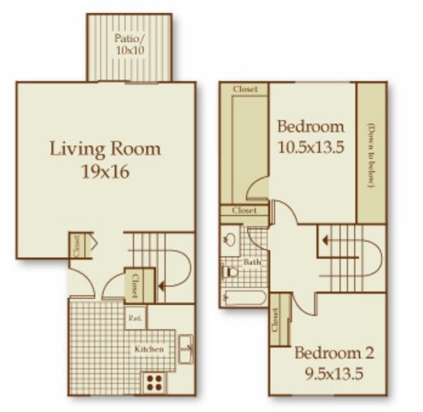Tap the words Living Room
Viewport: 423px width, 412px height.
click(x=105, y=148)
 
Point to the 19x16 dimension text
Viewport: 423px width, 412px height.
click(x=105, y=171)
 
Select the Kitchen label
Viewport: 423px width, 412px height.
click(x=150, y=350)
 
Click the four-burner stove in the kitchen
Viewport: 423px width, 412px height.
click(x=153, y=380)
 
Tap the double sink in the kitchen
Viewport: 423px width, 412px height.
click(x=186, y=350)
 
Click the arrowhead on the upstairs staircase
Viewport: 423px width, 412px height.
click(x=325, y=240)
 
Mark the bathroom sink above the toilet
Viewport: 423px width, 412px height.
click(x=231, y=240)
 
